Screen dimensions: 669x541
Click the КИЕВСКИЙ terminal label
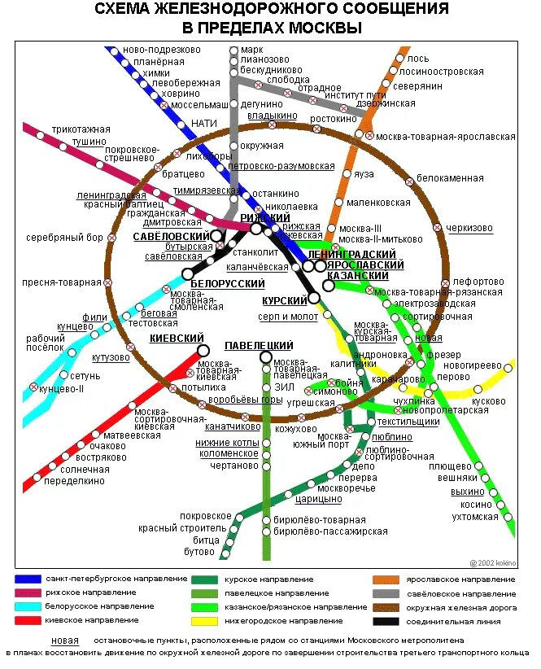coord(177,339)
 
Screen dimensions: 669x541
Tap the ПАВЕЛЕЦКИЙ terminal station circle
coord(265,357)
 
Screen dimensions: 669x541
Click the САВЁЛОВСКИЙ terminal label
coord(171,237)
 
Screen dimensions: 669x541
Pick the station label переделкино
coord(75,481)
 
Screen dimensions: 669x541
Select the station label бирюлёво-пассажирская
coord(330,531)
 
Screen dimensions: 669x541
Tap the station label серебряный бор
coord(64,238)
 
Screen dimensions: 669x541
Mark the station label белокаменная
coord(450,178)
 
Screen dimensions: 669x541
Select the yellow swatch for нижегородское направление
coord(206,621)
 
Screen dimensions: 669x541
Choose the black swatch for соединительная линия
coord(386,621)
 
